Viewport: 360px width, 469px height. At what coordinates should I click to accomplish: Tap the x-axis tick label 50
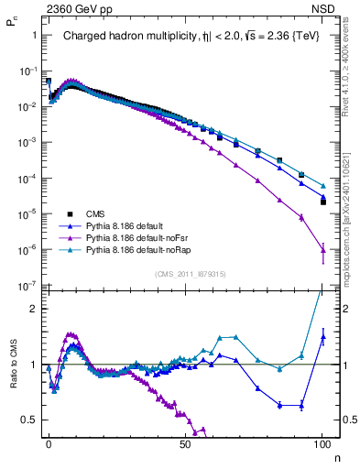click(186, 443)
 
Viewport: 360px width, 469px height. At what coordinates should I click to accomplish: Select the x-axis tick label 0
click(49, 443)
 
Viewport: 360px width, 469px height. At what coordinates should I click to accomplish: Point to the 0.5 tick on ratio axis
click(31, 420)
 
